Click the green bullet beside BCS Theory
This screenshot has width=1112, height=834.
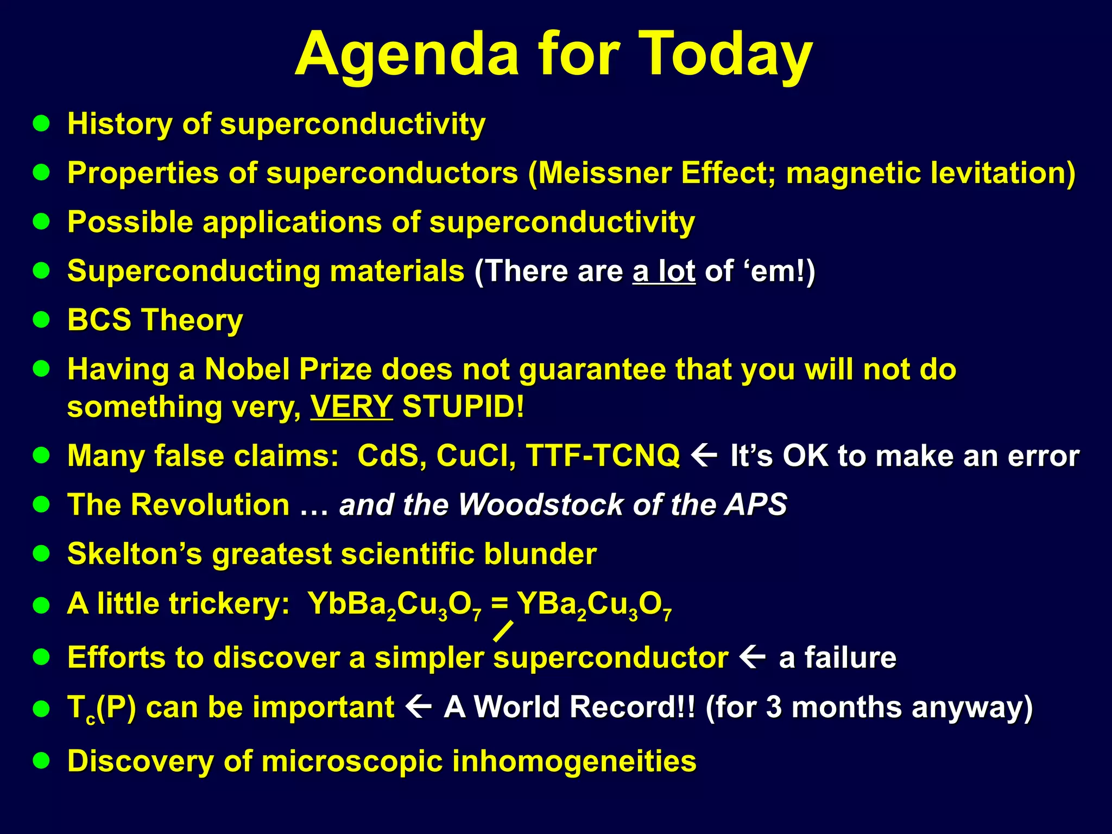click(41, 320)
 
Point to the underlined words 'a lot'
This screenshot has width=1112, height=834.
click(664, 271)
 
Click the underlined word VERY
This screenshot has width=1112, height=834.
click(351, 407)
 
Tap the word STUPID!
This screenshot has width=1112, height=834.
click(463, 407)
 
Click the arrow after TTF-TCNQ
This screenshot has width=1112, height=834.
click(705, 455)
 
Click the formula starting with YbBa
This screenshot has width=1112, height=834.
click(395, 604)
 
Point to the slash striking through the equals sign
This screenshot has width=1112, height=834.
click(503, 631)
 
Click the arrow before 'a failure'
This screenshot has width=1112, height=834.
click(753, 657)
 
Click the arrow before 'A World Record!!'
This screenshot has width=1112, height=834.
click(419, 706)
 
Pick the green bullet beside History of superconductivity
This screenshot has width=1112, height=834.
click(41, 124)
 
